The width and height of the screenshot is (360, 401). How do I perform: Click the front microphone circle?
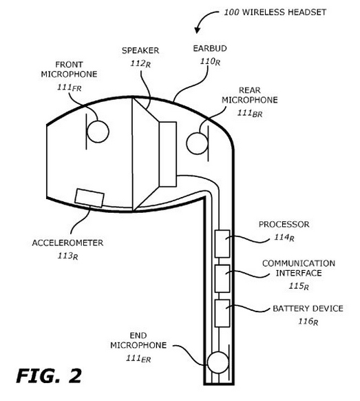tap(97, 132)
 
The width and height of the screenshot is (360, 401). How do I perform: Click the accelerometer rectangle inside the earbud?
tap(89, 198)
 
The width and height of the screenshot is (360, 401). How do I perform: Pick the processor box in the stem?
tap(222, 244)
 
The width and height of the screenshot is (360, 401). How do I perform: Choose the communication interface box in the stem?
tap(222, 278)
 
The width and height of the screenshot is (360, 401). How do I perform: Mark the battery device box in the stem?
tap(222, 313)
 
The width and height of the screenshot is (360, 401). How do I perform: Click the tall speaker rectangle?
tap(168, 153)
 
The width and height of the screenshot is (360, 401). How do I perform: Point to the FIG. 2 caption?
tap(49, 376)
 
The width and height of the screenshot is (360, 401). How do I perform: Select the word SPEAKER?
tap(141, 51)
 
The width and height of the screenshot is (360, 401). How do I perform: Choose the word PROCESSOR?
tap(284, 225)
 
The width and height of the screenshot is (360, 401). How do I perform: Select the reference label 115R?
tap(297, 286)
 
